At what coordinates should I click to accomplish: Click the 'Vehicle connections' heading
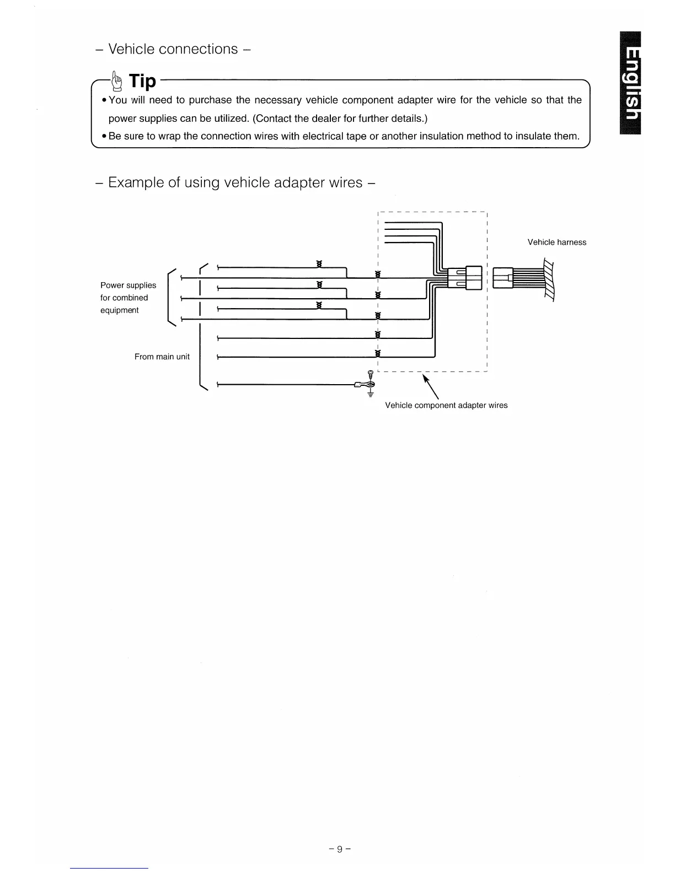click(174, 49)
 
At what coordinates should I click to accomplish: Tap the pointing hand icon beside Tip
click(116, 82)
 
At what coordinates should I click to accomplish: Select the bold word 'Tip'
click(142, 81)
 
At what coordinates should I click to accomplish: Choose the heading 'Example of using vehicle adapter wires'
click(236, 182)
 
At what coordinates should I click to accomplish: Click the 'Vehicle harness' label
click(556, 242)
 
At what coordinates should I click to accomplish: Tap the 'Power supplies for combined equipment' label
click(128, 298)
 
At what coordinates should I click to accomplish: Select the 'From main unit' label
click(162, 357)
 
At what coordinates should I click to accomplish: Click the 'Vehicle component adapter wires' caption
click(446, 405)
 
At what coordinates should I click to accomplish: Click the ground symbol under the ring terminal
click(371, 393)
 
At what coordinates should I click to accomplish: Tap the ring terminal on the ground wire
click(367, 385)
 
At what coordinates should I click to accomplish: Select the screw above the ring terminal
click(371, 374)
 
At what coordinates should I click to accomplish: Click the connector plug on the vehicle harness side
click(502, 277)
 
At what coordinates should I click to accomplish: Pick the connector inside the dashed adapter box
click(465, 277)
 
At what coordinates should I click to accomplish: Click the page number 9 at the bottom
click(340, 849)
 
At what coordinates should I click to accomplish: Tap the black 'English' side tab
click(631, 83)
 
